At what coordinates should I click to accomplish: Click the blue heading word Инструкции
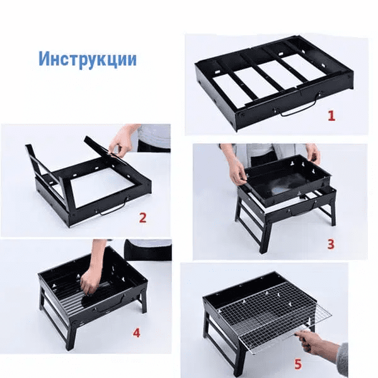point(88,59)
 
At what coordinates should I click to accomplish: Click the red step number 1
point(331,116)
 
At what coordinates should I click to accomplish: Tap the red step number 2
point(143,218)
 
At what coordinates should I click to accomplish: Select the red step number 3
point(331,244)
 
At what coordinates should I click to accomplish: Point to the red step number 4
point(137,333)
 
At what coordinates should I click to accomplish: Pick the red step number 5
point(298,364)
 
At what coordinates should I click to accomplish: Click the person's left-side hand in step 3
point(238,170)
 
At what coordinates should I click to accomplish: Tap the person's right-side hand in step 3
point(314,154)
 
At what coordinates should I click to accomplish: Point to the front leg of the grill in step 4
point(71,333)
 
